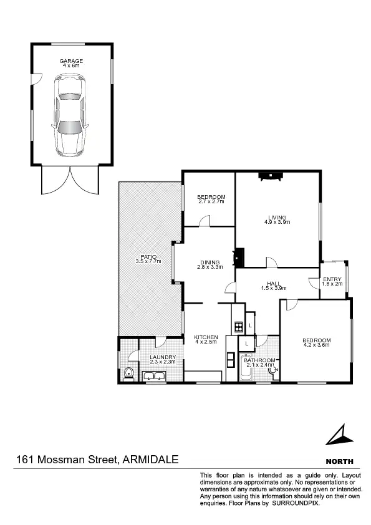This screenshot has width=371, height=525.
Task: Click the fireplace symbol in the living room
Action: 271,176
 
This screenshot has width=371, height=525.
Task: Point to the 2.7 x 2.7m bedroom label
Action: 211,200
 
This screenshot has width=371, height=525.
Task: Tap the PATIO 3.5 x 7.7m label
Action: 148,259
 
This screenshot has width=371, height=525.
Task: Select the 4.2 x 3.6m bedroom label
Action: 316,343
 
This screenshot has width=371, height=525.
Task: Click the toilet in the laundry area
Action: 128,373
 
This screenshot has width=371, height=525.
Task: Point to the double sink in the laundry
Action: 153,375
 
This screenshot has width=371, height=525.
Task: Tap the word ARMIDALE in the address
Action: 151,460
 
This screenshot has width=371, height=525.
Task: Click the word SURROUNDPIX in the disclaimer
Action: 297,503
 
